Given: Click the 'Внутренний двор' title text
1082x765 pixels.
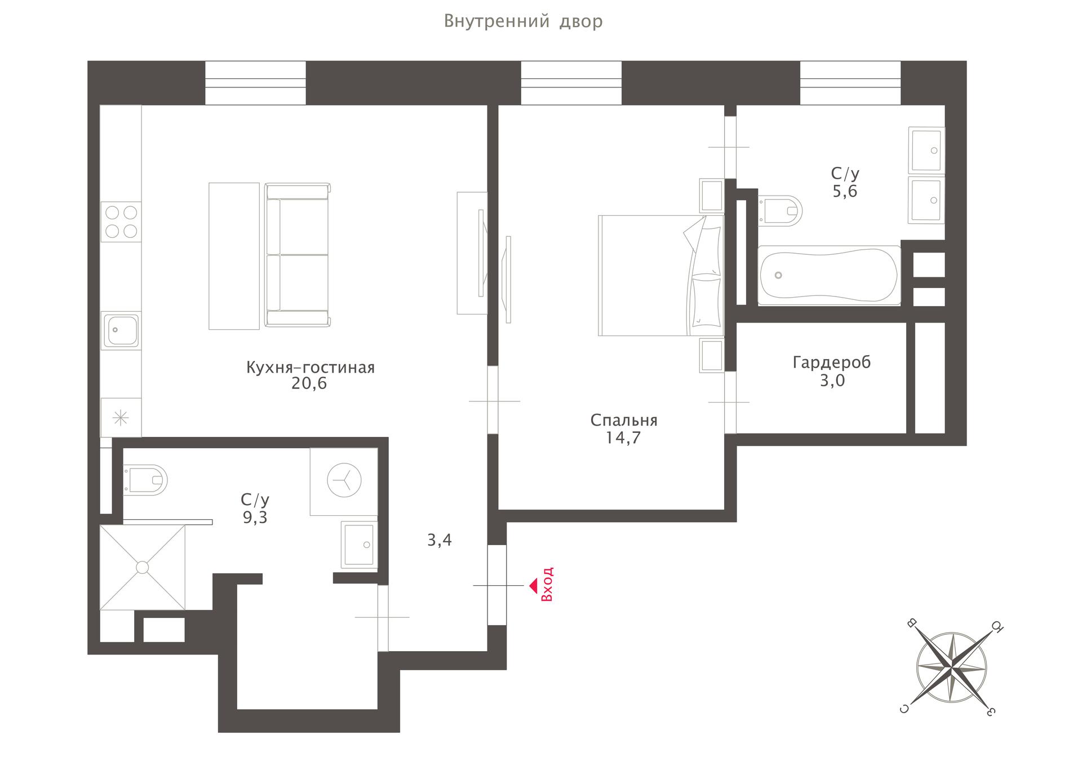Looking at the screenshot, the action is point(523,21).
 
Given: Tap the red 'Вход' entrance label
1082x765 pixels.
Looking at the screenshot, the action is point(547,585).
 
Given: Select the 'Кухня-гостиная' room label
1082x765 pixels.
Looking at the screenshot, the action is point(311,368).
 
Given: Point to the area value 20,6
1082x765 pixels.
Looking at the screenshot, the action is point(309,384).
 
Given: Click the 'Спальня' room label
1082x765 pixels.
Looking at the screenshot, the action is point(624,421).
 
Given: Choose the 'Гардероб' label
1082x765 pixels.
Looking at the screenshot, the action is point(832,362).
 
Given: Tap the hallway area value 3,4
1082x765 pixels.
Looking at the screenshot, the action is point(440,541).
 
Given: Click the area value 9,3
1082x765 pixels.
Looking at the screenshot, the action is point(255,518).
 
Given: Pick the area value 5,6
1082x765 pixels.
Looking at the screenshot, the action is point(845,192).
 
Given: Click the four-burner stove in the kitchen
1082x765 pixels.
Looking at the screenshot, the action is point(121,222).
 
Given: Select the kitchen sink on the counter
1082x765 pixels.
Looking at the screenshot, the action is point(121,330).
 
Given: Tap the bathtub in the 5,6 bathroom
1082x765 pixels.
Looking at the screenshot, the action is point(829,275).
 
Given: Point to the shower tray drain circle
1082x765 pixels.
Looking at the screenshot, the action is point(143,567).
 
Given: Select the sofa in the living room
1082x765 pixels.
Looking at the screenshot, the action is point(298,255).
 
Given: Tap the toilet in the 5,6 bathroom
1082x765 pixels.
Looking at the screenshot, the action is point(781,211).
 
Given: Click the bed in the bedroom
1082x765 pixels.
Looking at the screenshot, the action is point(661,275).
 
